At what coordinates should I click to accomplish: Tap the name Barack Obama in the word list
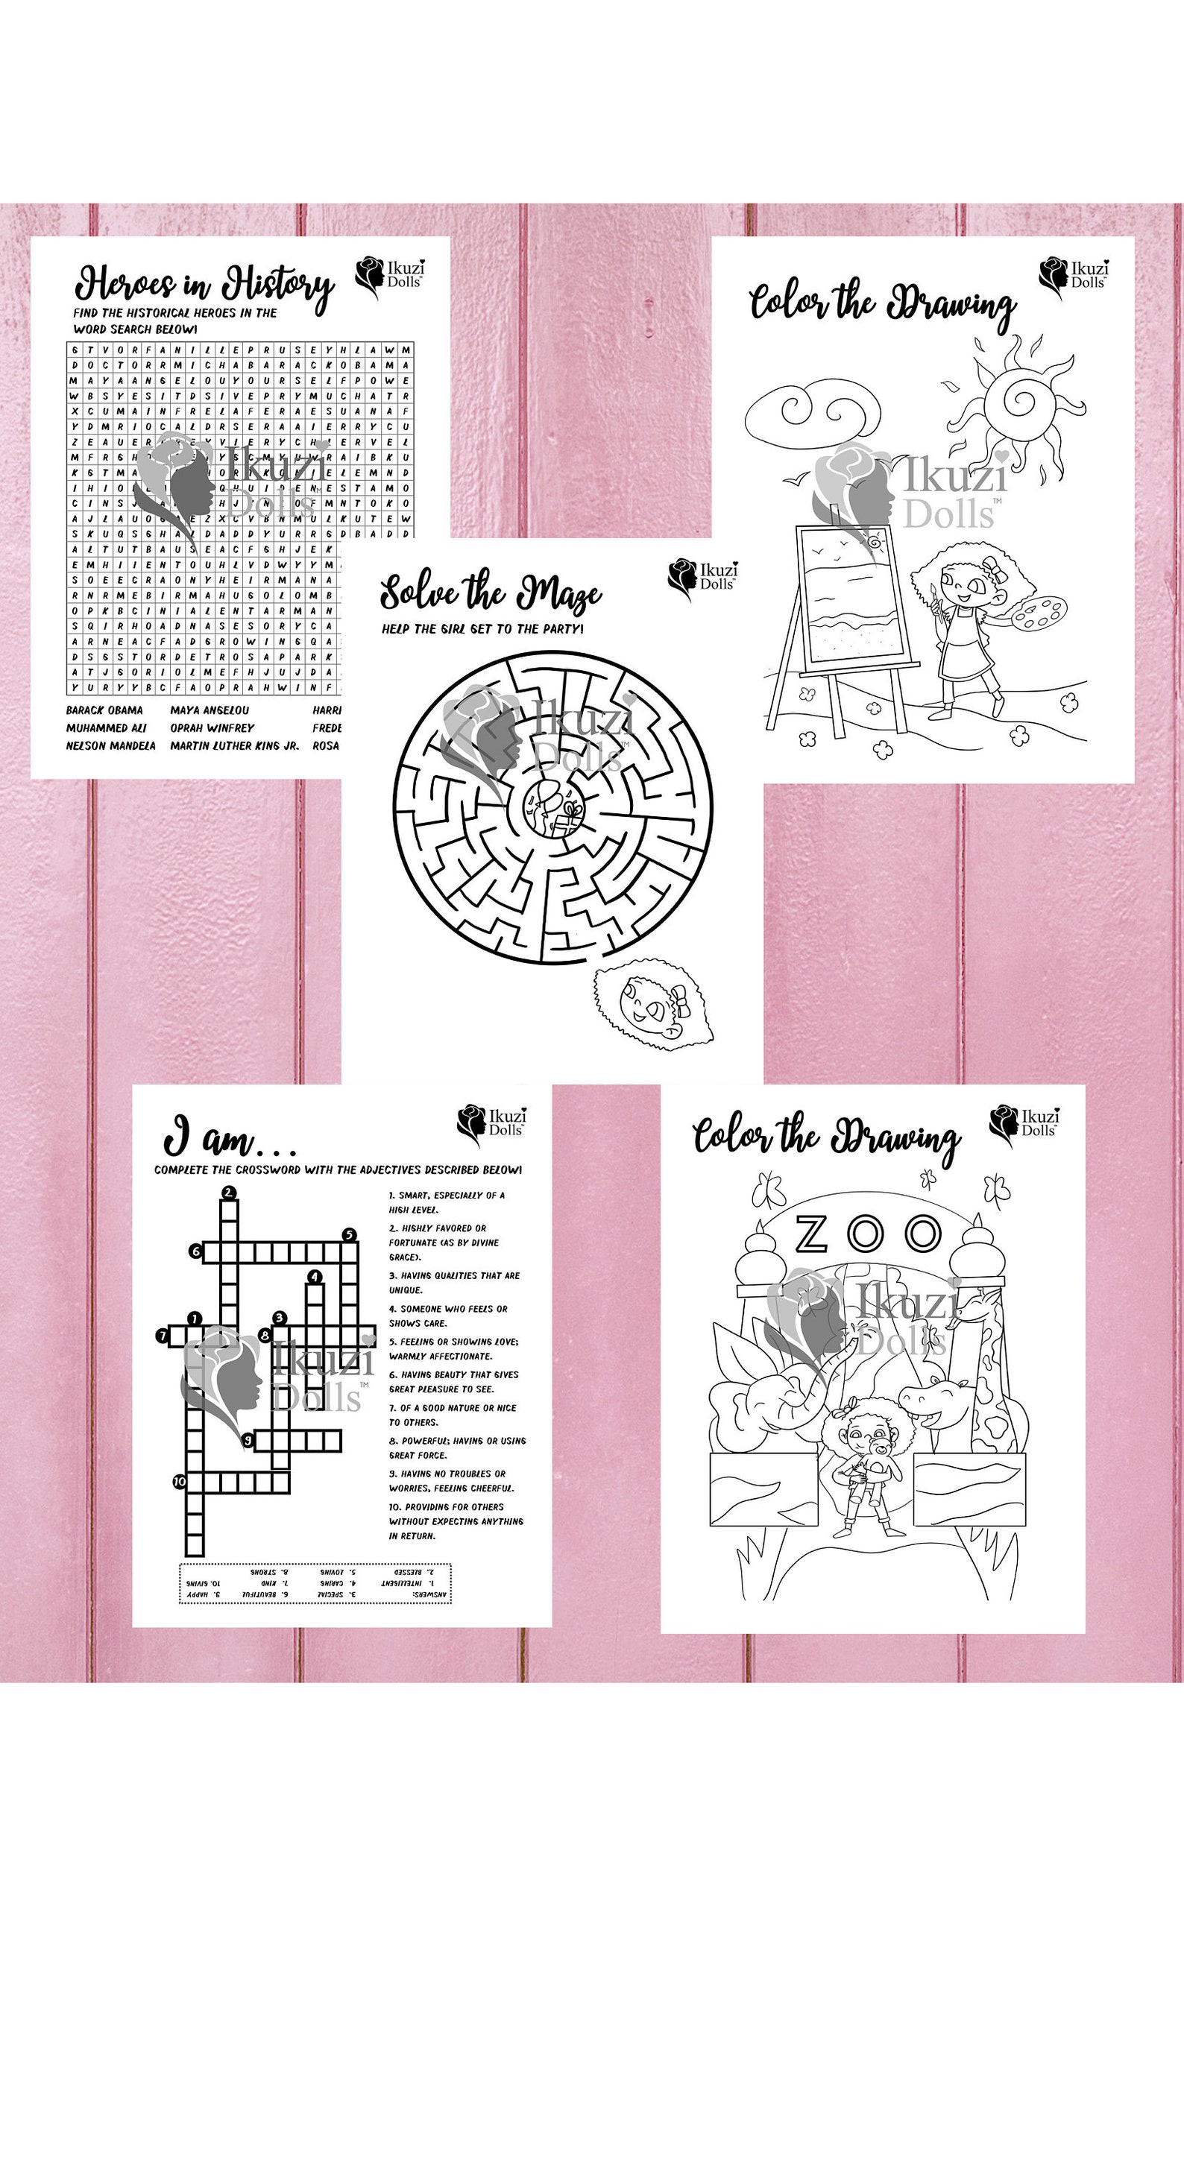tap(104, 710)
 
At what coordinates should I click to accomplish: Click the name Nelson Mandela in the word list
tap(110, 745)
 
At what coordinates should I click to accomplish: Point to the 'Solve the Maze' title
tap(490, 593)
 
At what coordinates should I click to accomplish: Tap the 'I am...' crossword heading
tap(227, 1137)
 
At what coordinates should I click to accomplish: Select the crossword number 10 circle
tap(180, 1481)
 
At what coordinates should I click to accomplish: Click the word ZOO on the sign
tap(868, 1234)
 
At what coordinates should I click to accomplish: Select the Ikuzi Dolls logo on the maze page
tap(702, 577)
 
